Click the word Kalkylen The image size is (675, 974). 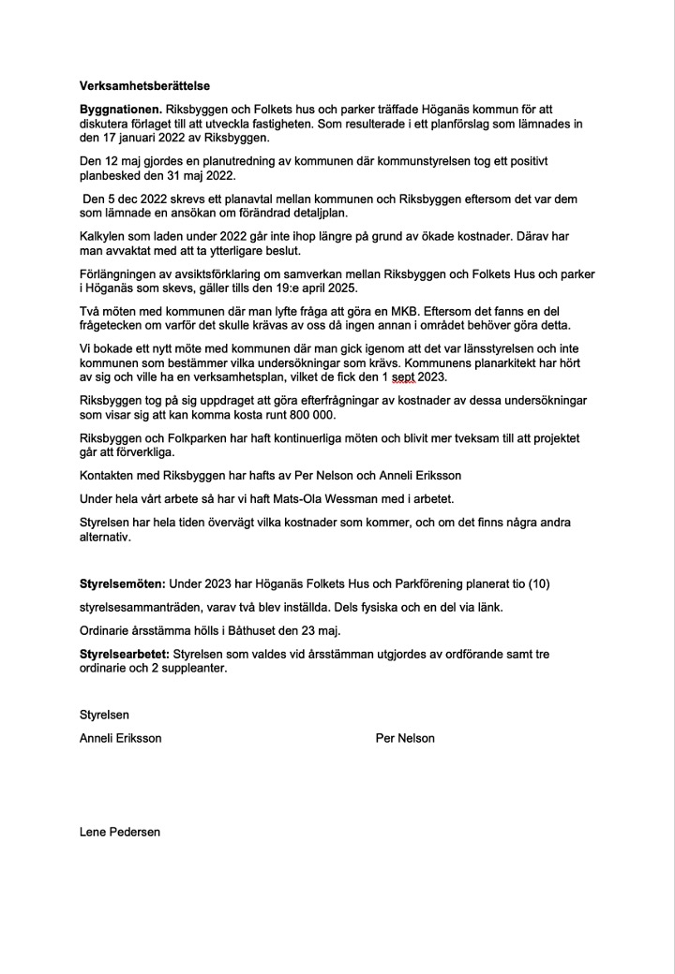tap(104, 236)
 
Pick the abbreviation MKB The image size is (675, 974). tap(423, 311)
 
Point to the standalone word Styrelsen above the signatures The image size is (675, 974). tap(104, 715)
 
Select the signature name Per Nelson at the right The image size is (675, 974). tap(404, 738)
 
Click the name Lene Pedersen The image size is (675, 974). tap(120, 831)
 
